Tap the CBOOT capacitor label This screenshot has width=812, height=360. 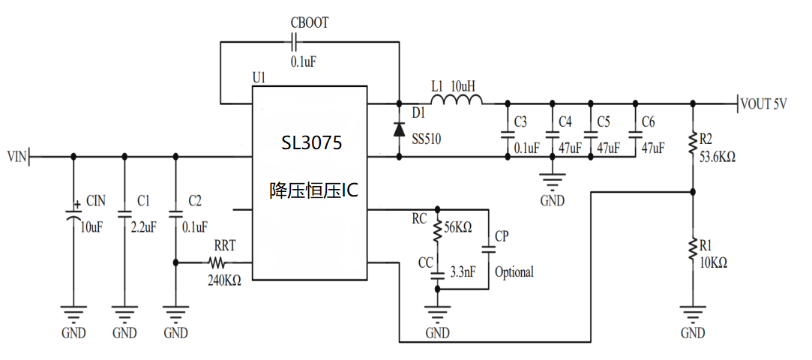309,23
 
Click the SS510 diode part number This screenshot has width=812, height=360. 427,139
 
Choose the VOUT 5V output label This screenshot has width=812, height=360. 764,104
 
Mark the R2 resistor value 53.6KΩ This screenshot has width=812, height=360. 717,158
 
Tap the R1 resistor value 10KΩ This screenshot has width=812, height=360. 712,262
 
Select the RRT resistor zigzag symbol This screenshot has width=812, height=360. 217,263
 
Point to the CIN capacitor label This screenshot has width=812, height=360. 96,200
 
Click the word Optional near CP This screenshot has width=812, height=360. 514,271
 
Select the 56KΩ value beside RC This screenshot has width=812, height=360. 458,228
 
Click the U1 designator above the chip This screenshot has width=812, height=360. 259,77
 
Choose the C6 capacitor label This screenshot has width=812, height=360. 649,121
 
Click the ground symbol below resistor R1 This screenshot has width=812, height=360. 693,313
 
